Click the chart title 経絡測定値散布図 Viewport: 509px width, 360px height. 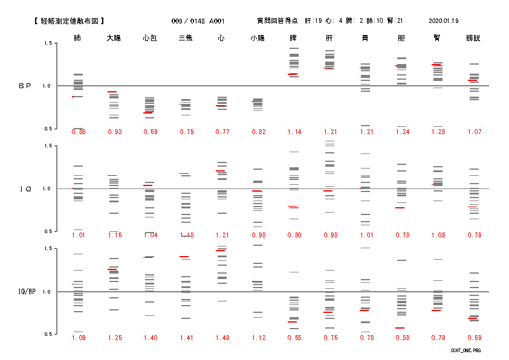pyautogui.click(x=70, y=21)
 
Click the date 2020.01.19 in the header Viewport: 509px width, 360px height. pyautogui.click(x=443, y=21)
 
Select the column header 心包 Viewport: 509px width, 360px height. pyautogui.click(x=150, y=38)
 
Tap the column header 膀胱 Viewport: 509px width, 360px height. pyautogui.click(x=473, y=38)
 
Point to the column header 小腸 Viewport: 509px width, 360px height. pyautogui.click(x=258, y=38)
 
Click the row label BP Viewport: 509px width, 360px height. pyautogui.click(x=24, y=86)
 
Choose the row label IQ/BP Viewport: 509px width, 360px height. pyautogui.click(x=25, y=292)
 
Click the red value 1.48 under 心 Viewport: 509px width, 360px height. pyautogui.click(x=222, y=338)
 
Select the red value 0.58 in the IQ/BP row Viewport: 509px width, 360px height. pyautogui.click(x=401, y=338)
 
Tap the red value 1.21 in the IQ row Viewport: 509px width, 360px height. pyautogui.click(x=222, y=235)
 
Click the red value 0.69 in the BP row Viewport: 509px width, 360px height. pyautogui.click(x=150, y=132)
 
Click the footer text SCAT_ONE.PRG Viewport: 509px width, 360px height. pyautogui.click(x=465, y=350)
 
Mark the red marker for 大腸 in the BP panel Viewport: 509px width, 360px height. pyautogui.click(x=112, y=92)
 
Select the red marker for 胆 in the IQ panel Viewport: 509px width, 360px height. pyautogui.click(x=400, y=208)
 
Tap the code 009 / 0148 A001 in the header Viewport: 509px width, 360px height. pyautogui.click(x=198, y=21)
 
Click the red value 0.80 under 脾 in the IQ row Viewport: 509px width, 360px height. pyautogui.click(x=294, y=235)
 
